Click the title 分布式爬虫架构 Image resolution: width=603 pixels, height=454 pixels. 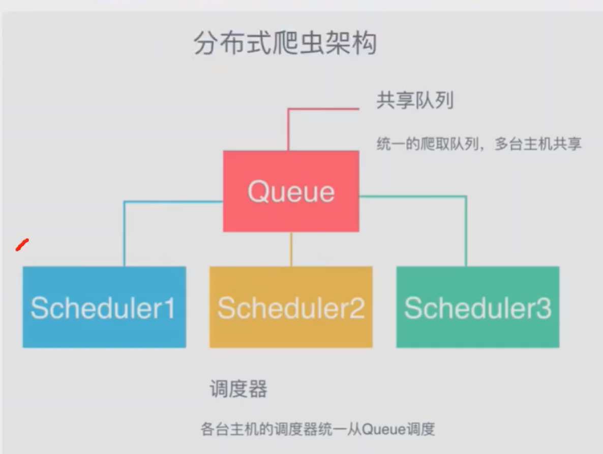(285, 43)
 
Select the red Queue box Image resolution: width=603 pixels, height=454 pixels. (291, 191)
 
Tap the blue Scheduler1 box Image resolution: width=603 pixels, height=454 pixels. (104, 307)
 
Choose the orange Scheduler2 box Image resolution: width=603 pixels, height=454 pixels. (291, 307)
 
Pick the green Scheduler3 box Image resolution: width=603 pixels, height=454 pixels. (477, 307)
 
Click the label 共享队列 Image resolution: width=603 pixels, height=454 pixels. (415, 100)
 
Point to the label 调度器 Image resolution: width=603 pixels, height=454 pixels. (238, 388)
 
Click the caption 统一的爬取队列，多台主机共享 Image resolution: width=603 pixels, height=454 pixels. (479, 144)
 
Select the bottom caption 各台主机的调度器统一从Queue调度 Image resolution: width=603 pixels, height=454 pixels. (318, 429)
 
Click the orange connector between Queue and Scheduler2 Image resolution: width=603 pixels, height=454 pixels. (291, 249)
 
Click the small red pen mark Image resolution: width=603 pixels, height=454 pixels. (22, 245)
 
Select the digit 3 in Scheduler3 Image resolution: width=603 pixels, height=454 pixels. (544, 308)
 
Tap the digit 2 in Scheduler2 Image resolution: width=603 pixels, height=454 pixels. (356, 308)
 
